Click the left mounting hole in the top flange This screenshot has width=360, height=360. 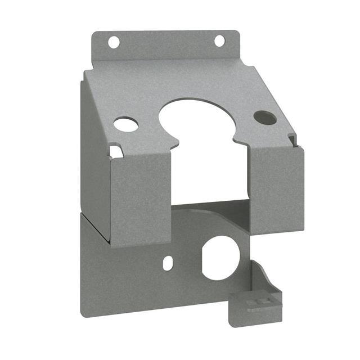pos(114,42)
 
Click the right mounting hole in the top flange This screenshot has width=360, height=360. pos(219,40)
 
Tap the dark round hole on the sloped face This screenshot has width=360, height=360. pos(265,118)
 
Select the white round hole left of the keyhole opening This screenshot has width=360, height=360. pos(126,124)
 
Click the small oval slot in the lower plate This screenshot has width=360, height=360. pos(167,263)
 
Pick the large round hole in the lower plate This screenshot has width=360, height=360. pos(220,258)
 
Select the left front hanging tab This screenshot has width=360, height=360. pos(141,197)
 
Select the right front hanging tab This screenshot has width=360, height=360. pos(276,188)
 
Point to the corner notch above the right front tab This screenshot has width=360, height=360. pos(291,139)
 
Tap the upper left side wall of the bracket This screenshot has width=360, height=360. pos(94,152)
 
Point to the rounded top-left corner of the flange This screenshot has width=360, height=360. pos(96,35)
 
